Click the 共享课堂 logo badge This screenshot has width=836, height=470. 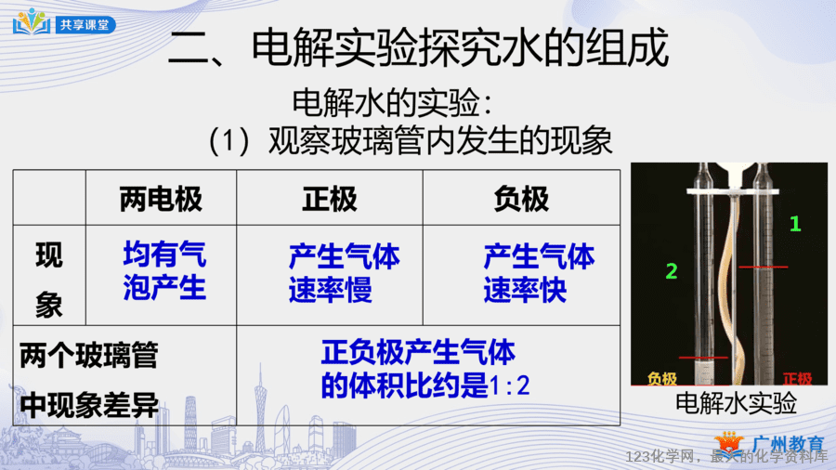64,23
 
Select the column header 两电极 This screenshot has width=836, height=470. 161,200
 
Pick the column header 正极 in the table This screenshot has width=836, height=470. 330,200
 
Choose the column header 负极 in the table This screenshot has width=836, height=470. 521,200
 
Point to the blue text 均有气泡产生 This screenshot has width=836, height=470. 164,270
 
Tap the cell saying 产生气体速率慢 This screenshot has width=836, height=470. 344,273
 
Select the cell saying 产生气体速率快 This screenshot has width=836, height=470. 539,273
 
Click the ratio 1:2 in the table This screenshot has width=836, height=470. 510,385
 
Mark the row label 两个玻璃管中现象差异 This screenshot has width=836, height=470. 89,380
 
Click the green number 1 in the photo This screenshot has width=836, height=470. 795,224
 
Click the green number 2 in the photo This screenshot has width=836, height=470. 672,271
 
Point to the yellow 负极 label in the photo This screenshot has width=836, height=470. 661,379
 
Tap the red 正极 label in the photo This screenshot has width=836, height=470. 798,379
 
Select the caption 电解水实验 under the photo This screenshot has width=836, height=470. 736,403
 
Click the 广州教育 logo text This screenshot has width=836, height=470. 788,444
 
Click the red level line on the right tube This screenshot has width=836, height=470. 763,267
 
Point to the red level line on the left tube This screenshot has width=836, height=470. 703,357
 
